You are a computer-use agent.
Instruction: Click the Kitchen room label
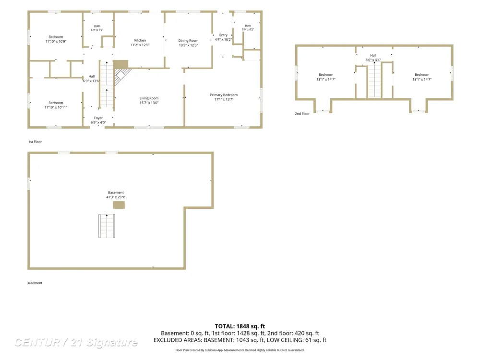(140, 40)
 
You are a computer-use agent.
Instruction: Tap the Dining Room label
(188, 40)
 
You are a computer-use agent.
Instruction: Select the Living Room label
(149, 98)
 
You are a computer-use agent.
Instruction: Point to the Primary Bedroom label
(224, 95)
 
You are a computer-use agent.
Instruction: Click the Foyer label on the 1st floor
(98, 118)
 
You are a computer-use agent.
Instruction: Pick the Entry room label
(224, 35)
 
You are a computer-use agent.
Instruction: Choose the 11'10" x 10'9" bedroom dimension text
(56, 41)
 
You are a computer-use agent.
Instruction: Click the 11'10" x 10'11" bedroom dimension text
(56, 107)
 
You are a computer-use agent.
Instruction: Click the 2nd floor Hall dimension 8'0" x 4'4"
(373, 60)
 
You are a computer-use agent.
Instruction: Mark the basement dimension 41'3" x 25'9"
(116, 197)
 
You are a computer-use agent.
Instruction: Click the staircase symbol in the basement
(107, 226)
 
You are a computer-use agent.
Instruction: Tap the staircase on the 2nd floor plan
(374, 80)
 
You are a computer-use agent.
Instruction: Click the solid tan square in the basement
(119, 205)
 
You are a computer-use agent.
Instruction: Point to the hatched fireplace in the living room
(121, 76)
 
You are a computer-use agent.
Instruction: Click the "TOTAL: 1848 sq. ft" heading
(240, 326)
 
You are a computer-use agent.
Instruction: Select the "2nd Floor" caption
(302, 114)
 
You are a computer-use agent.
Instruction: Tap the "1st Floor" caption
(35, 142)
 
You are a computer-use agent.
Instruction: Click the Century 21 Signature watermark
(76, 342)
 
